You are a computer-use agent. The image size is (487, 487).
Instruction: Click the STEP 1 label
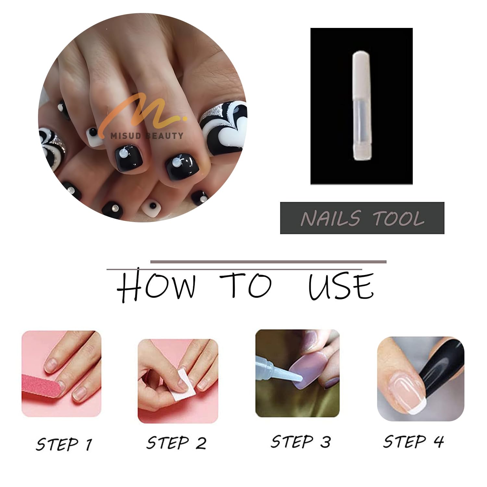(x=64, y=444)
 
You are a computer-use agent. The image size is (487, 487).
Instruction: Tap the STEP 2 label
(x=176, y=443)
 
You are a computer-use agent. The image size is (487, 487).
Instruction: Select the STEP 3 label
(x=301, y=442)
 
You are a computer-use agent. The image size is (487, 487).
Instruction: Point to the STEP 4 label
(x=413, y=441)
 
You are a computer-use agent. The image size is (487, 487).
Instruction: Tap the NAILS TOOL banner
(x=362, y=218)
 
